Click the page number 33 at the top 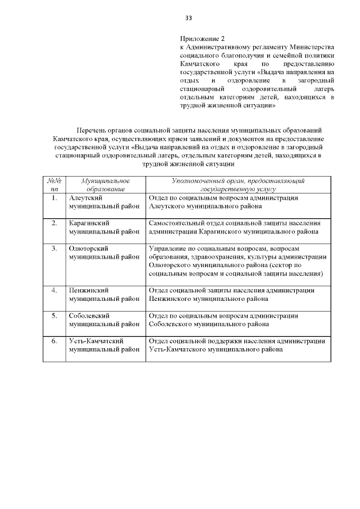188,18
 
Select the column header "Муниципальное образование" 105,185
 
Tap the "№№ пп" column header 55,185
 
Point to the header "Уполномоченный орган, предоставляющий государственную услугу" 238,185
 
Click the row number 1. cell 55,198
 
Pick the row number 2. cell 55,223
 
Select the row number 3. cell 55,248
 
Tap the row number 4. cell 55,290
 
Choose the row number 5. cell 55,316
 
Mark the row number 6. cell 55,341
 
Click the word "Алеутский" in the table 84,198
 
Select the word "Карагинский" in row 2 88,223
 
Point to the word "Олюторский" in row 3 88,248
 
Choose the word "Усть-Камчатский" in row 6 96,341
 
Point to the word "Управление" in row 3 169,248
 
